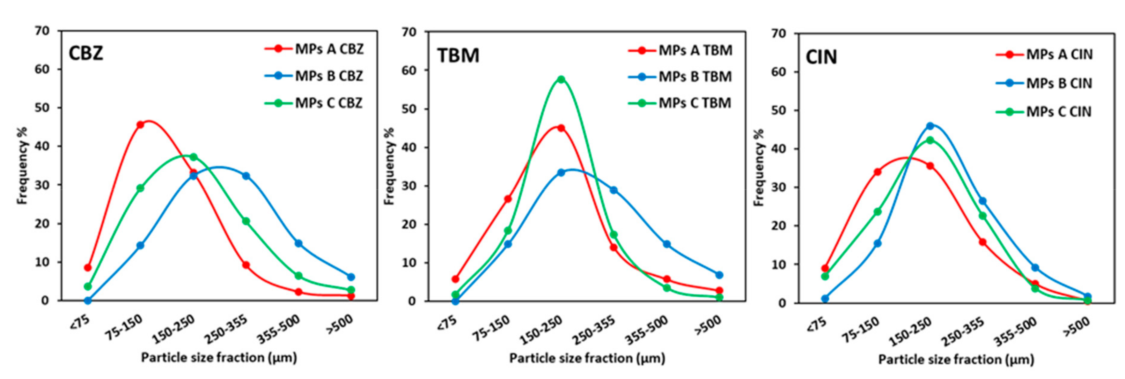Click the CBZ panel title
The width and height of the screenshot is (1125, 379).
pyautogui.click(x=86, y=53)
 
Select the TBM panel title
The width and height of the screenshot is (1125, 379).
pyautogui.click(x=458, y=56)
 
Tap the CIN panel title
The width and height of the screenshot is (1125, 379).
pyautogui.click(x=821, y=57)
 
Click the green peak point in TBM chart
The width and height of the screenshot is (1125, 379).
pyautogui.click(x=561, y=79)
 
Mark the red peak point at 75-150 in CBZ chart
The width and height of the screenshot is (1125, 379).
pyautogui.click(x=140, y=125)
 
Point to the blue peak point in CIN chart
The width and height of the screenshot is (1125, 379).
pyautogui.click(x=930, y=126)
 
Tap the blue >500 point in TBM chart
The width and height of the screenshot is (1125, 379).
pyautogui.click(x=719, y=275)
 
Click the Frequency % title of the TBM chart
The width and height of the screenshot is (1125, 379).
pyautogui.click(x=389, y=166)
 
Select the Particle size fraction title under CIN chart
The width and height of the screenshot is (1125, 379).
pyautogui.click(x=956, y=359)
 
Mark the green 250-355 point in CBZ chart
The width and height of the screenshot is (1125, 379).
pyautogui.click(x=246, y=221)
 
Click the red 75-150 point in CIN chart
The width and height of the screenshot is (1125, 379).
pyautogui.click(x=877, y=172)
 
